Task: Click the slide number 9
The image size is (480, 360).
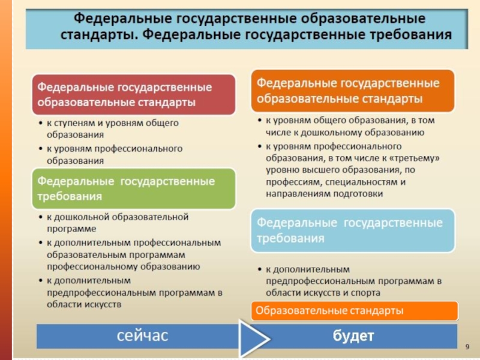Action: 467,347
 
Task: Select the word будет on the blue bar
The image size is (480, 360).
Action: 353,336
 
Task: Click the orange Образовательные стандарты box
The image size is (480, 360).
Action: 354,311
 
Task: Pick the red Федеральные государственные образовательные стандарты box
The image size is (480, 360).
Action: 133,94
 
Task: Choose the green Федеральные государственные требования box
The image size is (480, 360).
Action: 133,188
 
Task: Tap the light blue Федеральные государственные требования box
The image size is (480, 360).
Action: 353,230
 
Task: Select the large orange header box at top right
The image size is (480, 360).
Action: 353,90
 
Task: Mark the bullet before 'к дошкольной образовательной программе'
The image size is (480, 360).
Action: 40,217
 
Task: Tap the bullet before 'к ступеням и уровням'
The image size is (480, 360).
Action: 40,123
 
